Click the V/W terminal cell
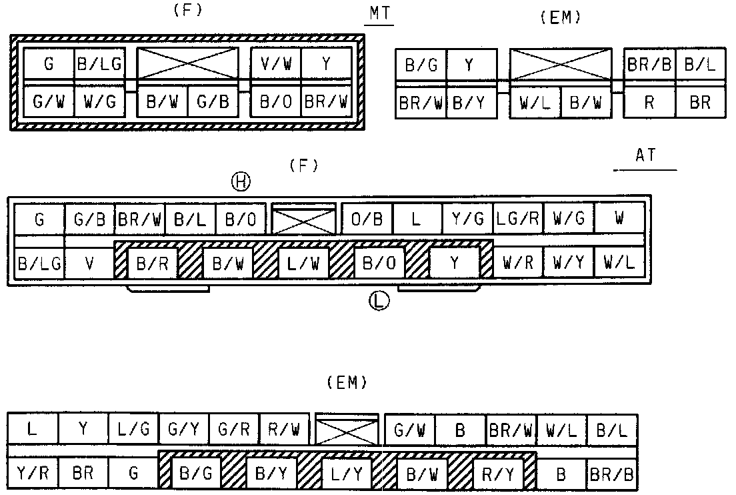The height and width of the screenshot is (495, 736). tap(276, 63)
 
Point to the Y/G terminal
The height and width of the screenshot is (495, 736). tap(467, 219)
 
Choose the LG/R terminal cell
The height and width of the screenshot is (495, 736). tap(518, 219)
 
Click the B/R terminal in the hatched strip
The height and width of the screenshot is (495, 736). tap(153, 263)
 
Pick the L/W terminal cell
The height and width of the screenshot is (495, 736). tap(303, 263)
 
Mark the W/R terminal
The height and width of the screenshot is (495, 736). tap(517, 263)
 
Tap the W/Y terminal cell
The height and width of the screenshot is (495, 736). tap(568, 263)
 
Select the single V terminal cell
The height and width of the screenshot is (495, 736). tap(89, 263)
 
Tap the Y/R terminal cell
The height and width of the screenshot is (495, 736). tap(33, 474)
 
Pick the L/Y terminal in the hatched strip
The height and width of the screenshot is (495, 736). tap(347, 474)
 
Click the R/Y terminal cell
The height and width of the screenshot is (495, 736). tap(498, 474)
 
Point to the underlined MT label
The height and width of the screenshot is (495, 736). tap(379, 14)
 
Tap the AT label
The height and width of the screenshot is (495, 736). tap(645, 155)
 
